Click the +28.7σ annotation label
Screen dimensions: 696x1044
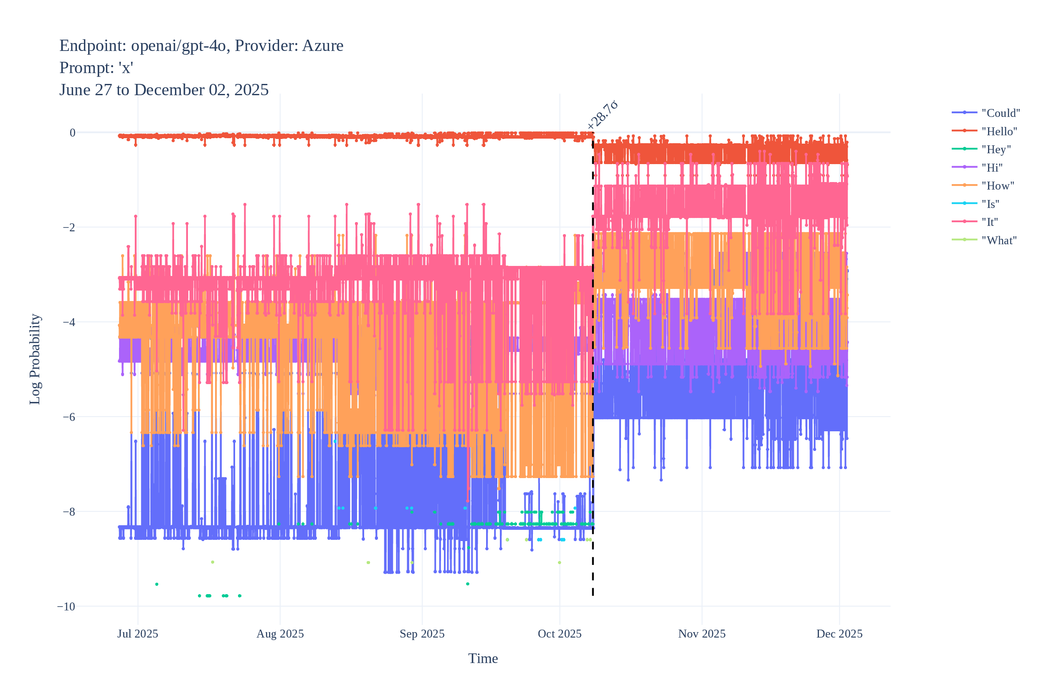click(603, 115)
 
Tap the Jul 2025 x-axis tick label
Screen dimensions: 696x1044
click(138, 634)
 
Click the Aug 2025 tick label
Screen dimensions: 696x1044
click(280, 634)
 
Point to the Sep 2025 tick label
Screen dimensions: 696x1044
click(422, 634)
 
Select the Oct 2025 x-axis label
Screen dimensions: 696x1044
click(560, 634)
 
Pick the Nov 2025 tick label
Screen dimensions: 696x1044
click(702, 634)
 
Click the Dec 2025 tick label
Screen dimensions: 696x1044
click(839, 634)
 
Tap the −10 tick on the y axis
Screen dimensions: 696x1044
click(66, 607)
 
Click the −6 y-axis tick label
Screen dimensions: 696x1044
click(69, 417)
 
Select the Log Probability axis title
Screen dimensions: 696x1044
click(35, 359)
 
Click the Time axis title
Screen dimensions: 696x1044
click(483, 659)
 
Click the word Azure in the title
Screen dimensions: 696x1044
click(323, 46)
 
